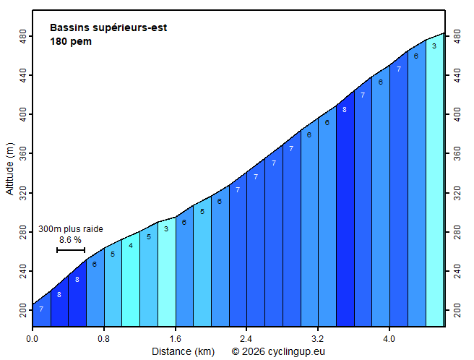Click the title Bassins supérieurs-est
[x=108, y=28]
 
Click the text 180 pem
[x=70, y=41]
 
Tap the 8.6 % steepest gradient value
[x=70, y=240]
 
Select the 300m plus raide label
[x=71, y=229]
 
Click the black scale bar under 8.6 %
[x=71, y=250]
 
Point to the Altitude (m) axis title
[x=10, y=168]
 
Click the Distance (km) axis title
[x=183, y=351]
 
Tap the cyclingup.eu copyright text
[x=278, y=351]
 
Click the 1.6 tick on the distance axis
[x=176, y=338]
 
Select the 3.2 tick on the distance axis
[x=318, y=338]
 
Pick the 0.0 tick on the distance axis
[x=33, y=338]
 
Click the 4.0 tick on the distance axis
[x=389, y=338]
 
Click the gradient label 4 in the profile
[x=131, y=246]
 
